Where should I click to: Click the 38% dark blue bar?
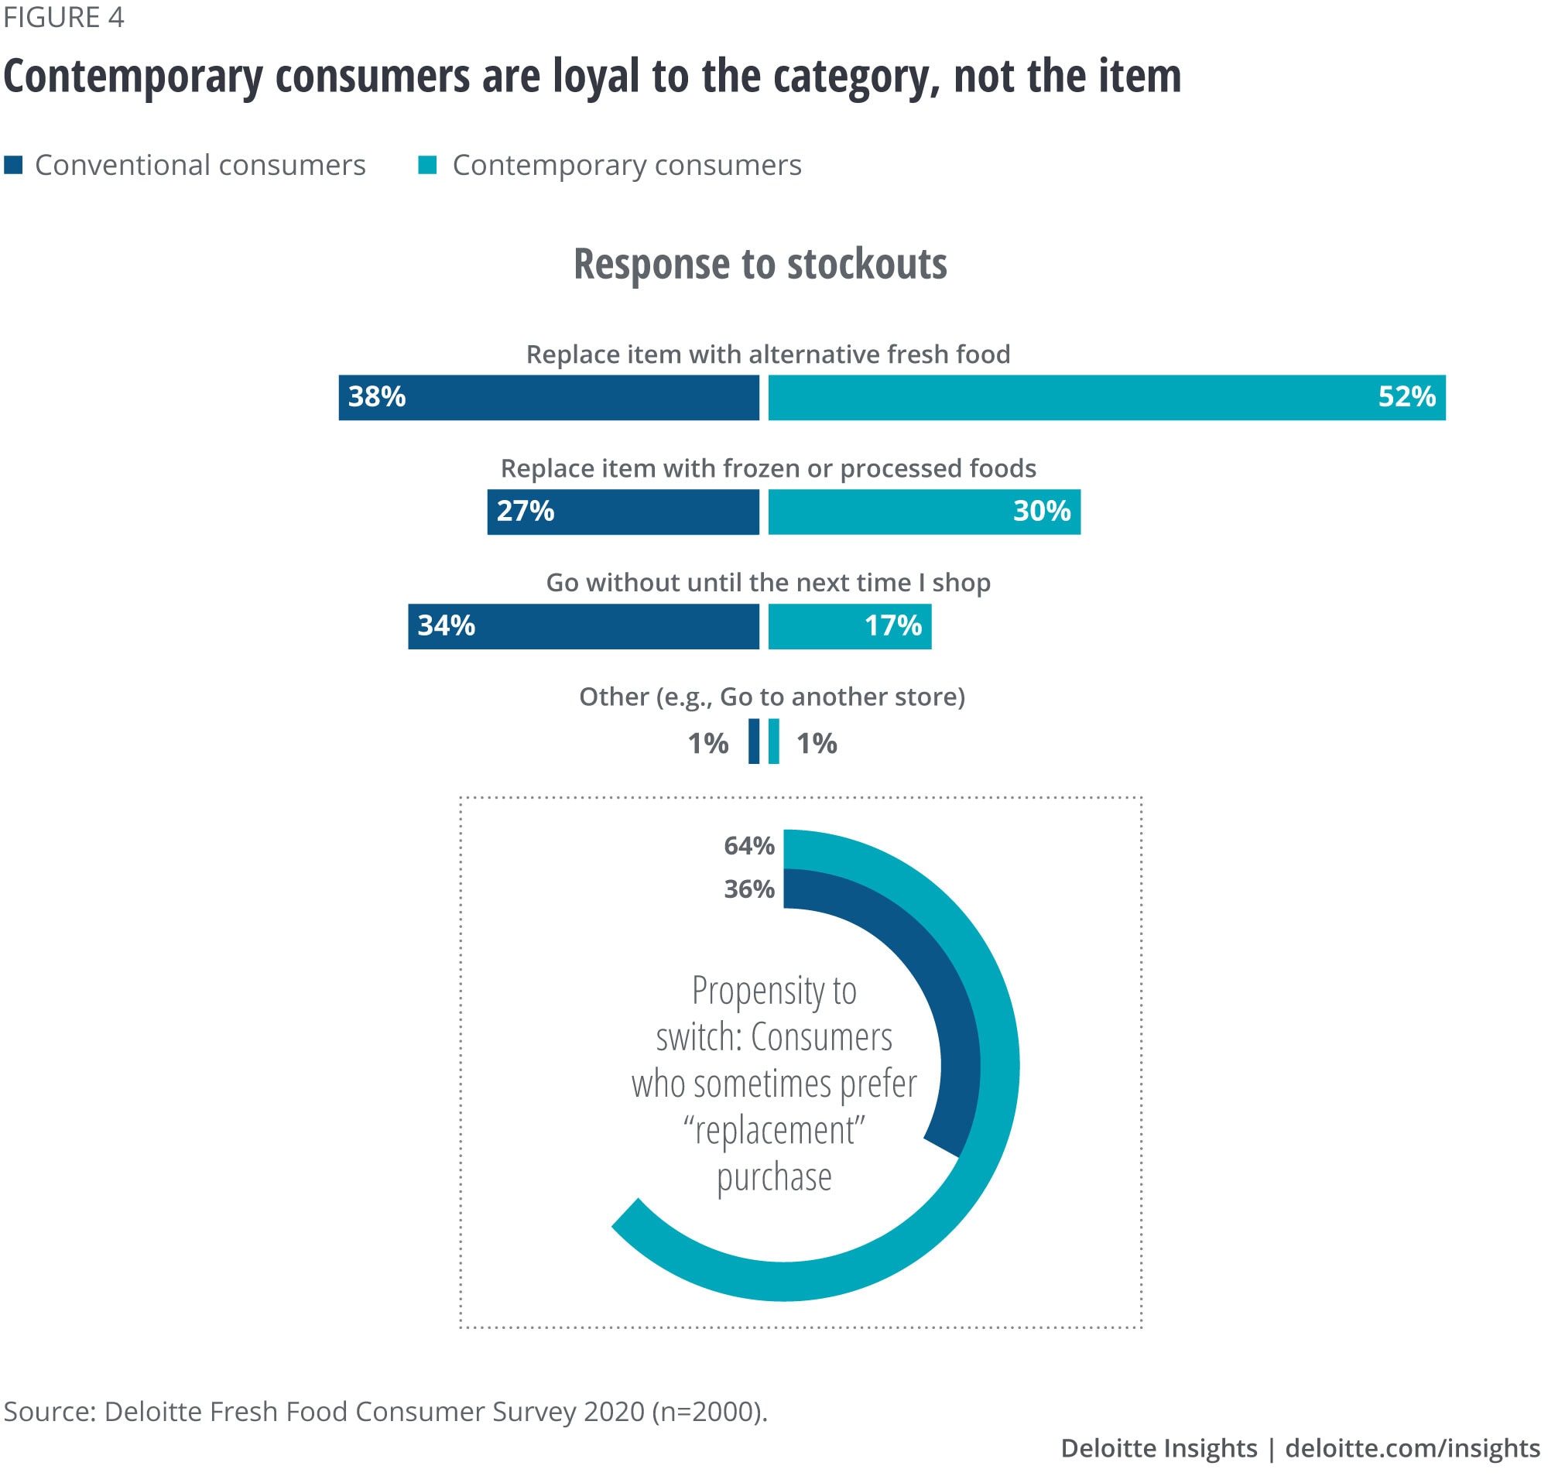point(548,397)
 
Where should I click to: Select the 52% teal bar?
point(1106,397)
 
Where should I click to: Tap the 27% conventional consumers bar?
point(622,512)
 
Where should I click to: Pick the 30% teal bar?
point(923,512)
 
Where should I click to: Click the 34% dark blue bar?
point(583,626)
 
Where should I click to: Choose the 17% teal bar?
point(849,626)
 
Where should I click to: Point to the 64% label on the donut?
point(748,846)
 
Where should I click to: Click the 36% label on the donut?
point(748,889)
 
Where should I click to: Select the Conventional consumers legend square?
point(13,165)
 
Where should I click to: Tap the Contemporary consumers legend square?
point(427,165)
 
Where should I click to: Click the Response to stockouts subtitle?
point(760,264)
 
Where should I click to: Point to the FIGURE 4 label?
point(63,17)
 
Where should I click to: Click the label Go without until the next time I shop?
point(768,582)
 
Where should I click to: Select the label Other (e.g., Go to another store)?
point(772,697)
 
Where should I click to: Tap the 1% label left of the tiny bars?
point(707,744)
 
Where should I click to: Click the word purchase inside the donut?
point(774,1178)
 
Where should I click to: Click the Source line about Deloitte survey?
point(385,1412)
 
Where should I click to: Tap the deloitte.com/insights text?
point(1412,1447)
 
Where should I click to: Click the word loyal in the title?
point(596,77)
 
